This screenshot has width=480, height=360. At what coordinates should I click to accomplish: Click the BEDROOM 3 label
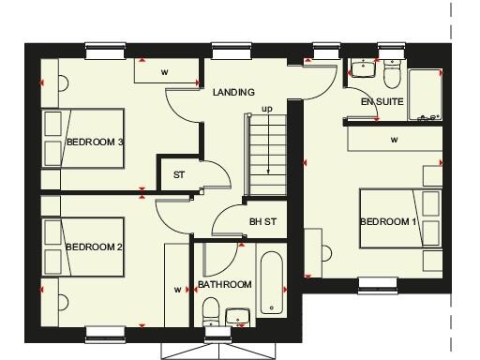tap(96, 142)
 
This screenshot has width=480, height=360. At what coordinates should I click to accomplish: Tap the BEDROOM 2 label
tap(95, 247)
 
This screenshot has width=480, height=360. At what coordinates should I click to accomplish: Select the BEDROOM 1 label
tap(387, 222)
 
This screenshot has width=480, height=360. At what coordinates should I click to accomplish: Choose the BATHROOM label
tap(225, 285)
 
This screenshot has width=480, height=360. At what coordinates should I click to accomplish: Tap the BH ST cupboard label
tap(262, 222)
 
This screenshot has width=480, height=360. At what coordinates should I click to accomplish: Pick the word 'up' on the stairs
tap(267, 109)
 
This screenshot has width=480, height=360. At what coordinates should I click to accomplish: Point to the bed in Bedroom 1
tap(400, 218)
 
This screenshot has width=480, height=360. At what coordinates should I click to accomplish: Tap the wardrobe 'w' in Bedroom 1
tap(394, 140)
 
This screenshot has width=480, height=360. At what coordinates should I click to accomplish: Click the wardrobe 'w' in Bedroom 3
tap(164, 71)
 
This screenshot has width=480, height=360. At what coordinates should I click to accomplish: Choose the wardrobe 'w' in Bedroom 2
tap(176, 289)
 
